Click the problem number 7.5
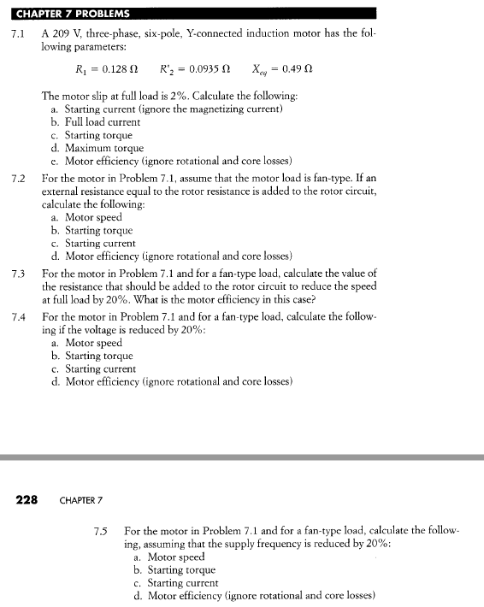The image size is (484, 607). [101, 531]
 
